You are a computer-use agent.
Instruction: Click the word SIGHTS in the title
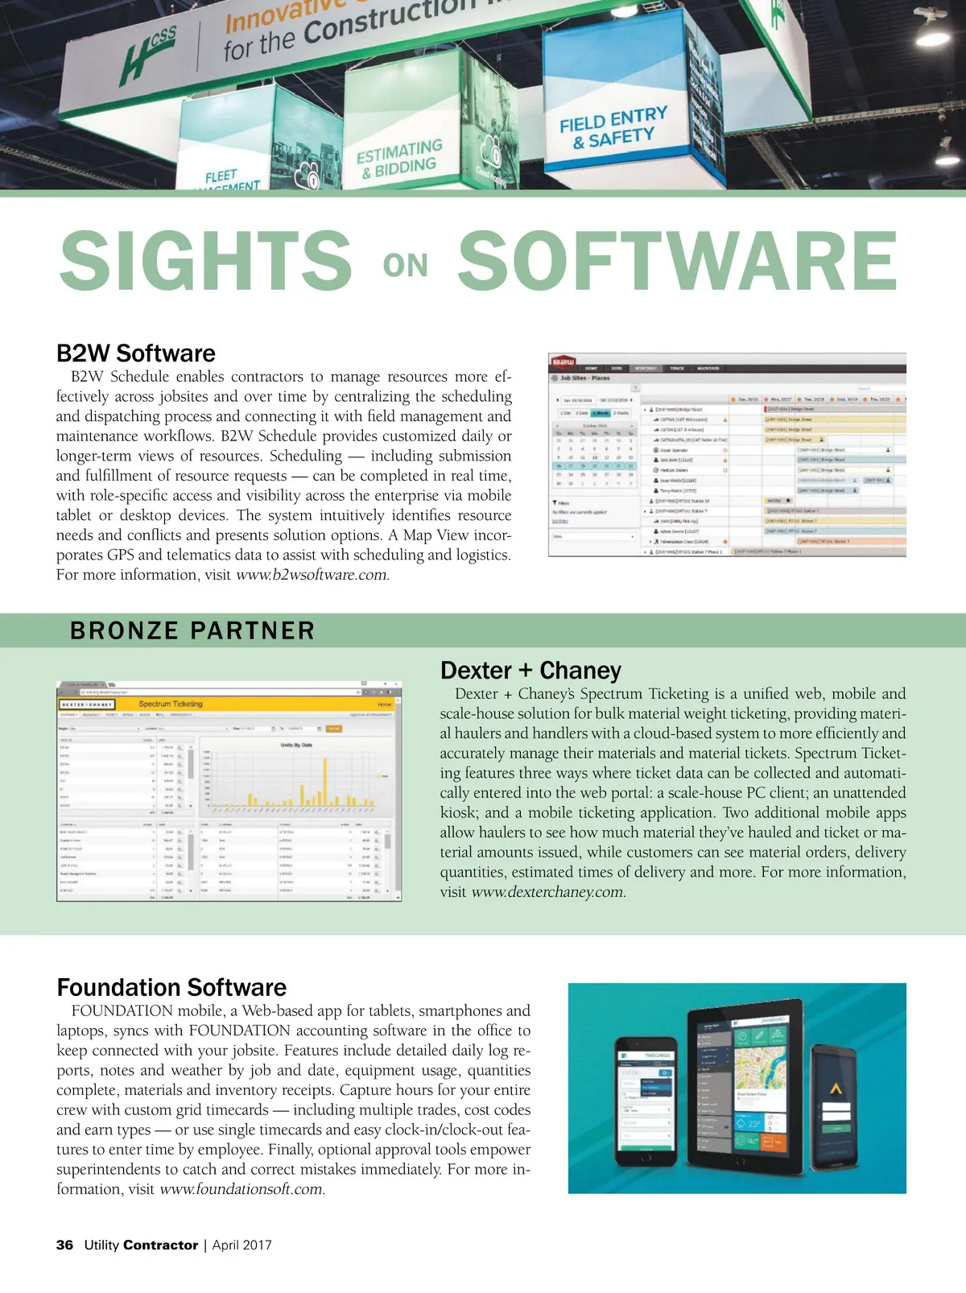205,260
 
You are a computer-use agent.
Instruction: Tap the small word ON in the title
405,266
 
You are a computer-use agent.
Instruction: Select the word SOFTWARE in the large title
677,260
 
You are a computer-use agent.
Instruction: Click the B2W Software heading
136,353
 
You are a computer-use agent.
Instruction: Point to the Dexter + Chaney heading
530,671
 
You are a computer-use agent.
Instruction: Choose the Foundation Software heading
171,988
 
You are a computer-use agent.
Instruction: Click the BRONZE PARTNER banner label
192,630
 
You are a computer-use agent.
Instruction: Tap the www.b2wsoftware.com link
312,575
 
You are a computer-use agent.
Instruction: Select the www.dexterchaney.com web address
547,892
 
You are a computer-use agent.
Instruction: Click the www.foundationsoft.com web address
242,1189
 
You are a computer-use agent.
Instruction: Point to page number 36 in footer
64,1245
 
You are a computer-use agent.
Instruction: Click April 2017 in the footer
242,1245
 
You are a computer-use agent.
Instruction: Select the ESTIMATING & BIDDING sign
400,159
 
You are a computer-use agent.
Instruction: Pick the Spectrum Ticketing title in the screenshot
171,704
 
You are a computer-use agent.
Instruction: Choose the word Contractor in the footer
160,1245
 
